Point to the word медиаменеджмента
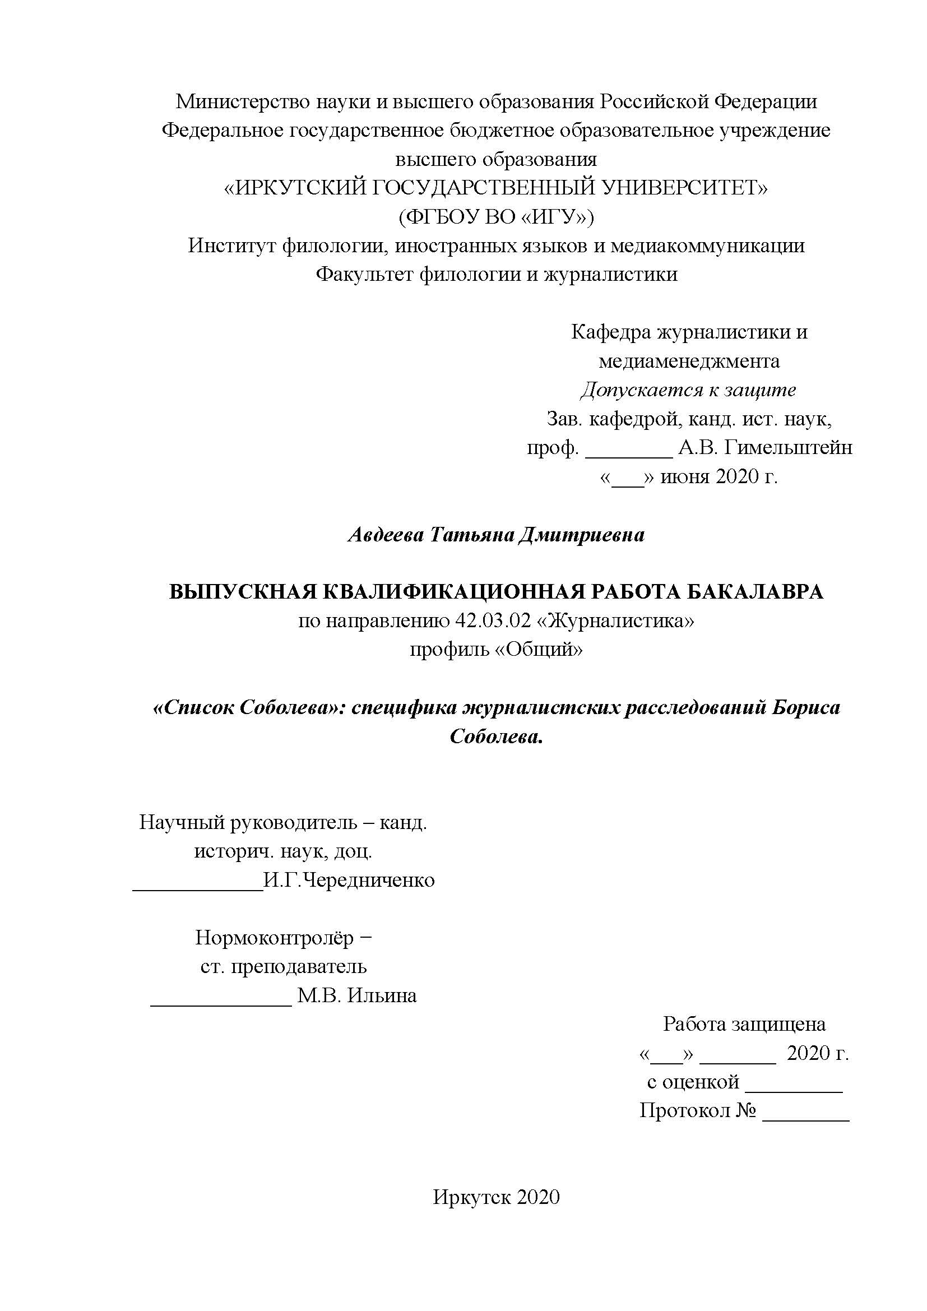click(689, 361)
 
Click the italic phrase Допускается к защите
click(688, 390)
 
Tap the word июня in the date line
click(683, 476)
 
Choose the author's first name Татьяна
click(470, 535)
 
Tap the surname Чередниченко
click(368, 881)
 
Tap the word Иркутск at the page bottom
click(471, 1197)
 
